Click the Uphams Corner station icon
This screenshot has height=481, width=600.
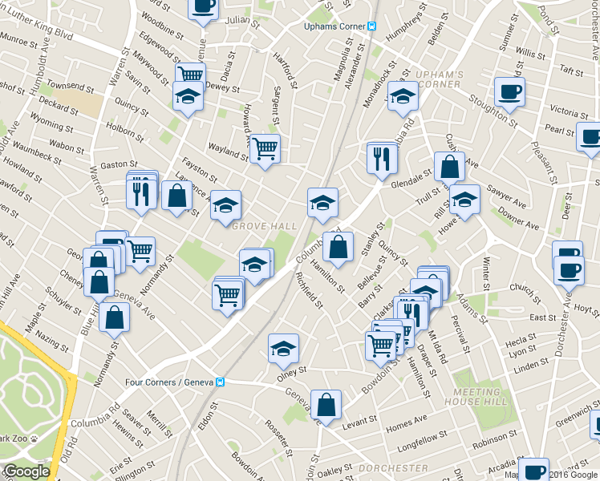371,26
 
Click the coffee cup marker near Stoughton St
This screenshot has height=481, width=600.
509,92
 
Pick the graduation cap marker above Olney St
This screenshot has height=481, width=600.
283,348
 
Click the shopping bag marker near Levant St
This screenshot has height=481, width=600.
326,405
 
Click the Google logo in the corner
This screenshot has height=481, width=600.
26,472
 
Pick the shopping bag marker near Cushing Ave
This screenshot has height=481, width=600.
450,167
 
